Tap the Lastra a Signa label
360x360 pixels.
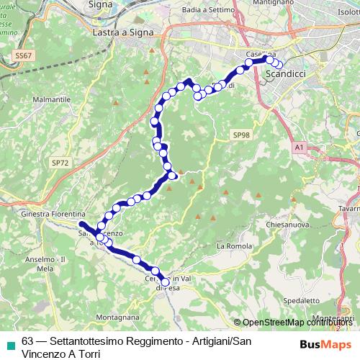pos(122,32)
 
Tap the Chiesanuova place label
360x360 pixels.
pos(288,223)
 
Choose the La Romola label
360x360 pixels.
pos(232,246)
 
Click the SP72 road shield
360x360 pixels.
pos(60,163)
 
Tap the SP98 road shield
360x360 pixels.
pos(240,135)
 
